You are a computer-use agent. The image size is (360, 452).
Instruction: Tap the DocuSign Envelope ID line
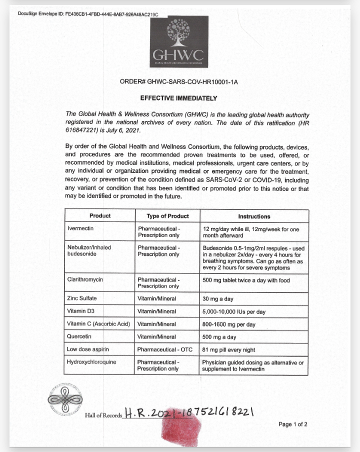click(88, 13)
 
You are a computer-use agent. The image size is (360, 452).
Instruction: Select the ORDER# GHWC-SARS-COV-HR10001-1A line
click(178, 81)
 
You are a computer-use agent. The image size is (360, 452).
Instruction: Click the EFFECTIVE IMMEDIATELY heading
click(178, 98)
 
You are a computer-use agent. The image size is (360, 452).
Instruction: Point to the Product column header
click(100, 216)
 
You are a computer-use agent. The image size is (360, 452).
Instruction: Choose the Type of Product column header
click(167, 216)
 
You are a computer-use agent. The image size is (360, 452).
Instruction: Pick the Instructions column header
click(254, 216)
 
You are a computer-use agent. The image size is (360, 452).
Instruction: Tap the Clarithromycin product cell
click(85, 279)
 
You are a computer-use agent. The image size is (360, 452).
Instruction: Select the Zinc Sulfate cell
click(82, 298)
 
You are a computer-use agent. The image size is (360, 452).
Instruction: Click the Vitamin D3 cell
click(80, 311)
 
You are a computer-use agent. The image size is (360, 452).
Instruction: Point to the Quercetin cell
click(80, 336)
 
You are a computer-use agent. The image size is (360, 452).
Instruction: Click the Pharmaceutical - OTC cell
click(166, 349)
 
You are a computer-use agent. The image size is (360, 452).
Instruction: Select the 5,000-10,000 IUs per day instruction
click(234, 311)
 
